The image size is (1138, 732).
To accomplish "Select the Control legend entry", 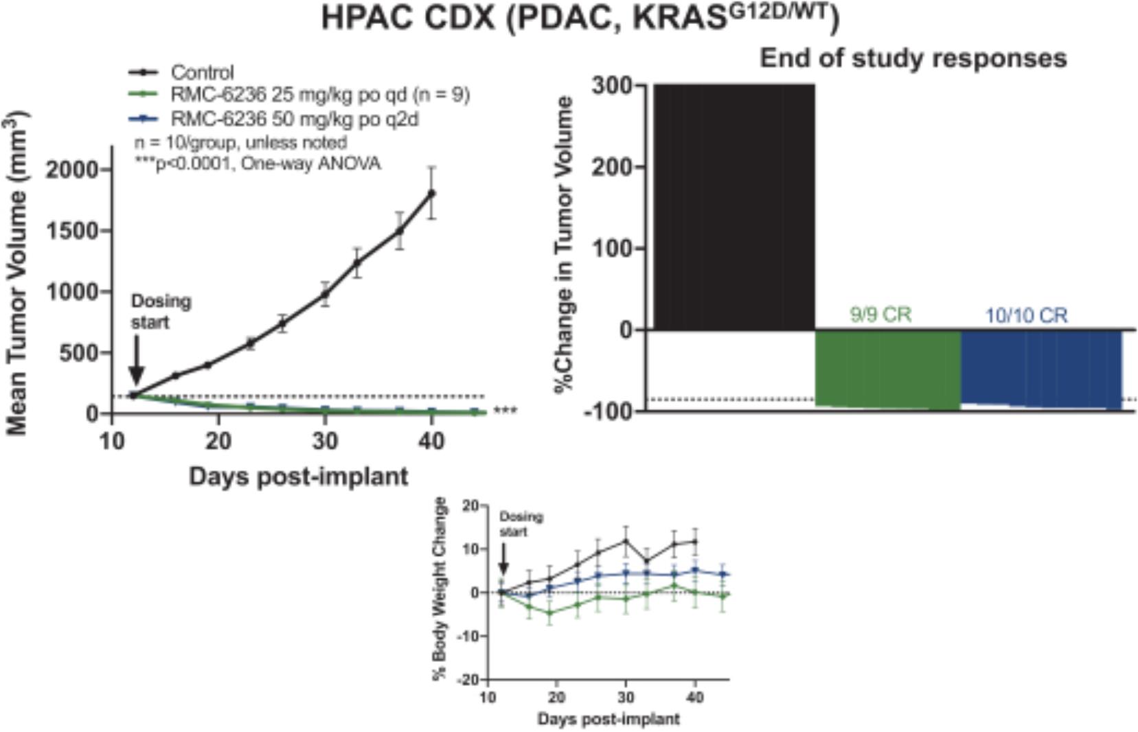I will coord(202,72).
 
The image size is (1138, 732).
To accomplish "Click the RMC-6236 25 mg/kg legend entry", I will coord(320,95).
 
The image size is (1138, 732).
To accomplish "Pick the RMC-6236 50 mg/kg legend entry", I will coord(295,119).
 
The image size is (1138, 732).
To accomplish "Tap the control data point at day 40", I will coord(431,193).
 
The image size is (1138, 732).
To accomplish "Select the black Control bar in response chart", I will coord(733,206).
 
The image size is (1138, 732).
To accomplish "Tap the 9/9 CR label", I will coord(880,314).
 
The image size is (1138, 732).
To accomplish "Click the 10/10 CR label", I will coord(1026,316).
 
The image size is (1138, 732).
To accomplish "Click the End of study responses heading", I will coord(913,58).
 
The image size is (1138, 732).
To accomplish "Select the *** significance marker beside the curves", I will coord(505,411).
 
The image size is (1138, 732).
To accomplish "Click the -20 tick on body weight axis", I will coord(469,680).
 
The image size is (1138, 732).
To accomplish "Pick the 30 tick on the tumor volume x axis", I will coord(325,440).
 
